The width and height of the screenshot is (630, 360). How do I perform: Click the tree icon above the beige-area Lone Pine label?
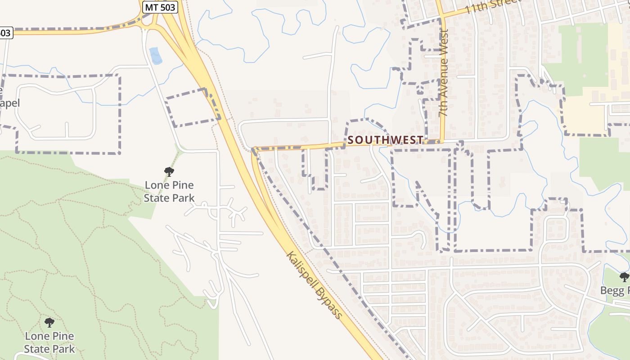(x=169, y=171)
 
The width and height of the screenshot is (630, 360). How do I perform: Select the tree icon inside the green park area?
(x=49, y=322)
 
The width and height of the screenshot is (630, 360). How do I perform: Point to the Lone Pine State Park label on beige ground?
(x=169, y=191)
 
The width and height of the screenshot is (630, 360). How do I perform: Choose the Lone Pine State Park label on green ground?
(x=49, y=342)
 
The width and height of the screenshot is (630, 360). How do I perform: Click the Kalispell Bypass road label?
(x=314, y=285)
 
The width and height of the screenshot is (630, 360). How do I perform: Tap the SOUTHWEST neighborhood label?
(x=386, y=140)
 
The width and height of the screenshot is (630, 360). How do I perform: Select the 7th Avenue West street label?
(x=444, y=73)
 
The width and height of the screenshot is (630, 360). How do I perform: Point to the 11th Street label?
(x=493, y=6)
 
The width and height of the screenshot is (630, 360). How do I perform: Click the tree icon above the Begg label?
(x=624, y=277)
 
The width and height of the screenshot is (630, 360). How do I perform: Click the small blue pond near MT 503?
(x=155, y=55)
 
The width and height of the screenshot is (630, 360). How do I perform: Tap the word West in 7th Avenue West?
(x=445, y=41)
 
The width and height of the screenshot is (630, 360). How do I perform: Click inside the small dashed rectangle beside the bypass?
(x=193, y=108)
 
